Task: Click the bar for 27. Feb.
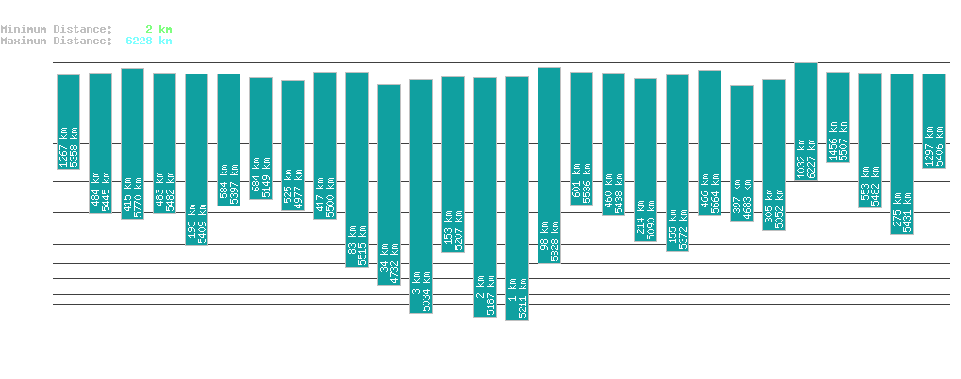click(517, 198)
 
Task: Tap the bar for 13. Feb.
click(68, 122)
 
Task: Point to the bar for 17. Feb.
click(196, 159)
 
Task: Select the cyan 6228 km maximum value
click(148, 41)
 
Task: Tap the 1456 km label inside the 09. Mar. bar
click(833, 139)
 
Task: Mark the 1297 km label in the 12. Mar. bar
click(929, 145)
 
